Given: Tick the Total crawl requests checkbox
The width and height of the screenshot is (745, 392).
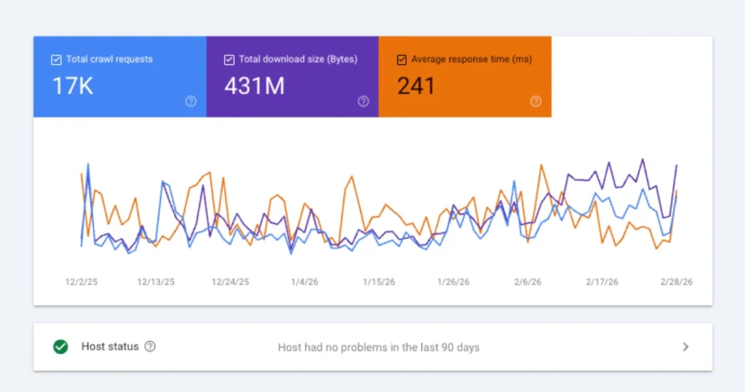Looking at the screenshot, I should click(56, 60).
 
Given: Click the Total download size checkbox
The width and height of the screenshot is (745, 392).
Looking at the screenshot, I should click(229, 60).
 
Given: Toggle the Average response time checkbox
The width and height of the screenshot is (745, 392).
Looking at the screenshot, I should click(402, 60).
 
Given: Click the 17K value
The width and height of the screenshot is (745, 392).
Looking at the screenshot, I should click(72, 86).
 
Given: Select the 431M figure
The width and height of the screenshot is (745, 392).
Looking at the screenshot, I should click(254, 86).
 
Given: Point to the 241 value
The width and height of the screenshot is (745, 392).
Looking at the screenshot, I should click(415, 86).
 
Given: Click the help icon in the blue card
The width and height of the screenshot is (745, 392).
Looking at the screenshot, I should click(191, 102).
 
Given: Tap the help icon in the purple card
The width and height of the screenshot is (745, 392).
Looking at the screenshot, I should click(363, 102).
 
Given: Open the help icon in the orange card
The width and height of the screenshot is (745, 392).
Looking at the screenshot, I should click(535, 102).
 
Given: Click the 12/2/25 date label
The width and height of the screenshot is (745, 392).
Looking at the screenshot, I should click(81, 282).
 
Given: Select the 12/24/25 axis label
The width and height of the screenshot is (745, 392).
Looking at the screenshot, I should click(230, 282).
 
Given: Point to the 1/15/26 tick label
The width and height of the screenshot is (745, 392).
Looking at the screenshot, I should click(379, 282).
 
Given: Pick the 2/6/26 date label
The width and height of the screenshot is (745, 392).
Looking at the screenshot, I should click(527, 282).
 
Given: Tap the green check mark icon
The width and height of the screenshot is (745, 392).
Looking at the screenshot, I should click(60, 347).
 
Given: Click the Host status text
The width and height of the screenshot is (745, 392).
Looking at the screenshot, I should click(110, 347).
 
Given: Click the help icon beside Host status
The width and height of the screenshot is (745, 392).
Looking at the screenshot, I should click(150, 347).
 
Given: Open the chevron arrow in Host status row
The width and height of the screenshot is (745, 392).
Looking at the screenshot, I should click(685, 347).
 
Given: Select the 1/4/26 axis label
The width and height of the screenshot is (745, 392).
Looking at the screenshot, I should click(304, 282).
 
